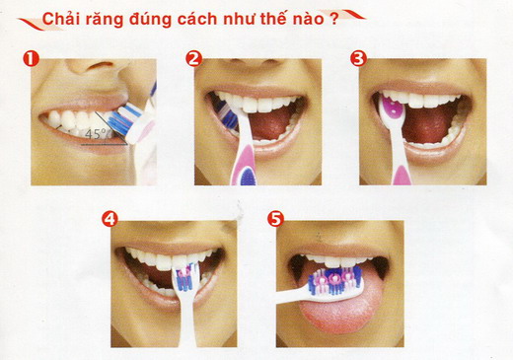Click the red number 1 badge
point(31,59)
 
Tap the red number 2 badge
point(193,59)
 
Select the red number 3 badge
point(358,58)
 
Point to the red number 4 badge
point(110,219)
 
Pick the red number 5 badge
point(275,219)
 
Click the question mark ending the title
point(333,19)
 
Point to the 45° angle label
point(95,134)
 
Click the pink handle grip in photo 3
point(403,176)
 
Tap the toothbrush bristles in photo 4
point(186,277)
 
